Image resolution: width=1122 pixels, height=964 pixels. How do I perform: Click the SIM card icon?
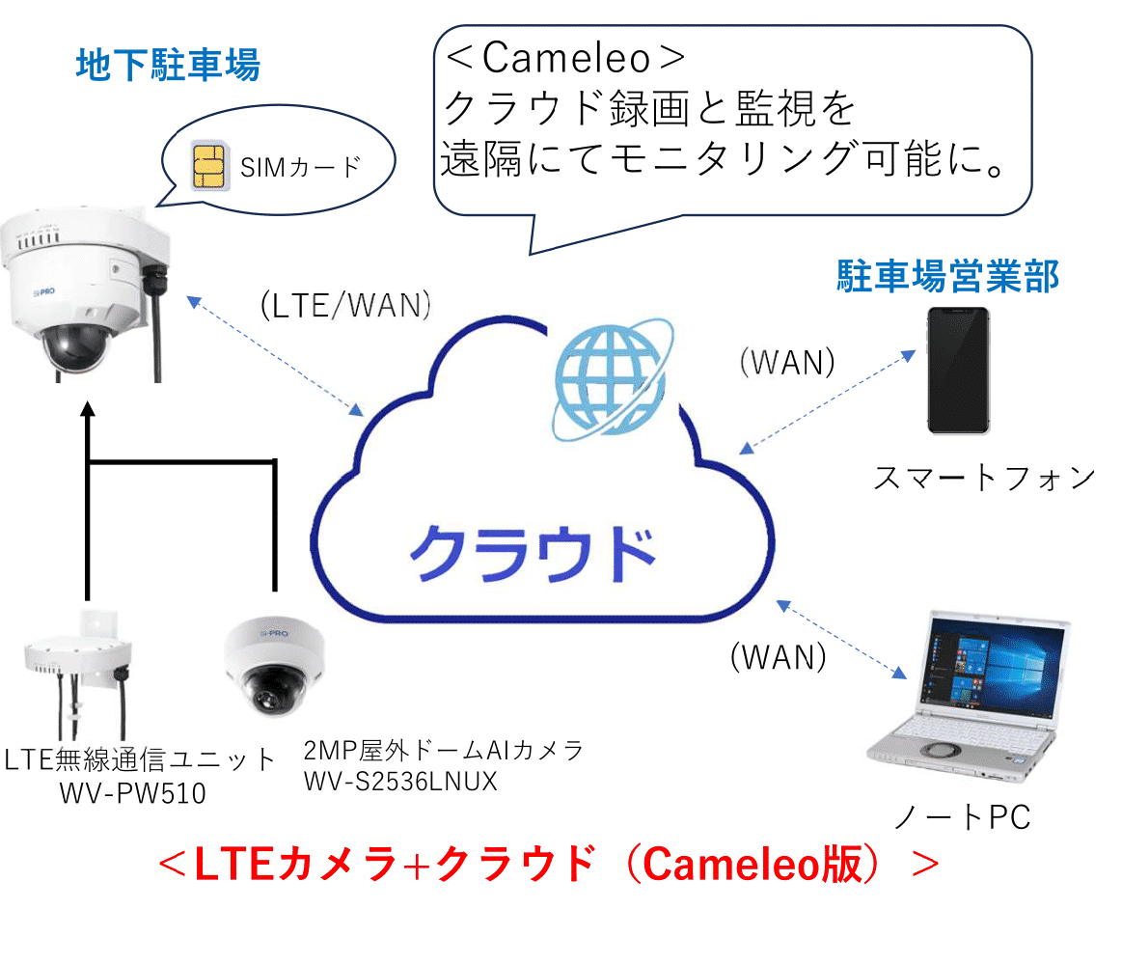pyautogui.click(x=205, y=166)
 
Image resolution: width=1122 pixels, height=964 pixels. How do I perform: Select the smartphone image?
pyautogui.click(x=958, y=372)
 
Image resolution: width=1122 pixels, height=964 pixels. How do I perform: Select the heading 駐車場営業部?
pyautogui.click(x=947, y=277)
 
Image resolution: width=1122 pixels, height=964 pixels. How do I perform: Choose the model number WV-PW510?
pyautogui.click(x=132, y=792)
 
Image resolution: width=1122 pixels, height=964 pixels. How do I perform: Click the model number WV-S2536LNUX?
pyautogui.click(x=399, y=781)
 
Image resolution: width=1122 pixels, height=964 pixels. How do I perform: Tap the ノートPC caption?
pyautogui.click(x=961, y=817)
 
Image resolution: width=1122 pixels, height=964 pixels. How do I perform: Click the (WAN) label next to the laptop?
pyautogui.click(x=779, y=657)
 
